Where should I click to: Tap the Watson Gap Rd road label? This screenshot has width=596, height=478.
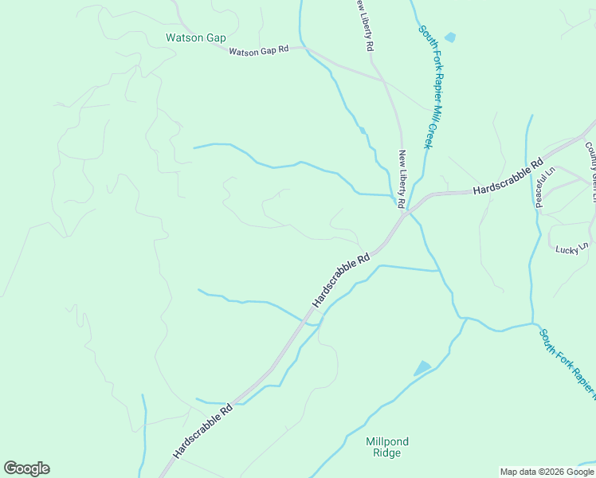point(258,51)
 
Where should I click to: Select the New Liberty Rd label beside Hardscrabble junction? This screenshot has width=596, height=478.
point(402,178)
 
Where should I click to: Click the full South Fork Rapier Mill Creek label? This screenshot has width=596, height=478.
point(426,87)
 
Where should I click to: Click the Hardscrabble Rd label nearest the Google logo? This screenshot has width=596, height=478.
point(202,430)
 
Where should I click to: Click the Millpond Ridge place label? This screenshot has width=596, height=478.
point(382,447)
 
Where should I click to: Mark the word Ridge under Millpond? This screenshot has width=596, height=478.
point(383,453)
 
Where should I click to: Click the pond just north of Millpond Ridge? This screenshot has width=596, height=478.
point(422,368)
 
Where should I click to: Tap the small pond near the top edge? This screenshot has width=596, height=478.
point(450,37)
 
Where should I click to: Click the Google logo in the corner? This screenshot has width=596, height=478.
point(26,468)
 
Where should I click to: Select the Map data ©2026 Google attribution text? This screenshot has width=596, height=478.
point(546,472)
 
